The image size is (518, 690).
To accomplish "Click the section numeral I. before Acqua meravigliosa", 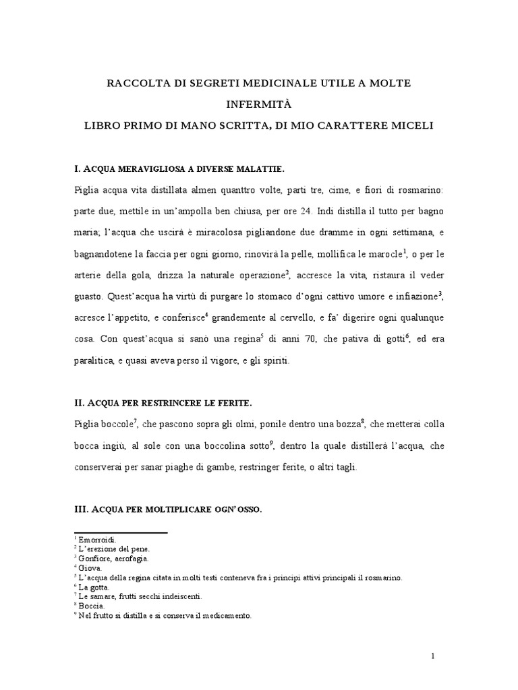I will coord(78,168).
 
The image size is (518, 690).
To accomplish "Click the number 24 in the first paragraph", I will coord(306,211).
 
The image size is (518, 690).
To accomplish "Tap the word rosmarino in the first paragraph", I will coord(418,189).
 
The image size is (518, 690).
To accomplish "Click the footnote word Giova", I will coord(88,568).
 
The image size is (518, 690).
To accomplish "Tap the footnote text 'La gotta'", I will coord(94,587).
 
